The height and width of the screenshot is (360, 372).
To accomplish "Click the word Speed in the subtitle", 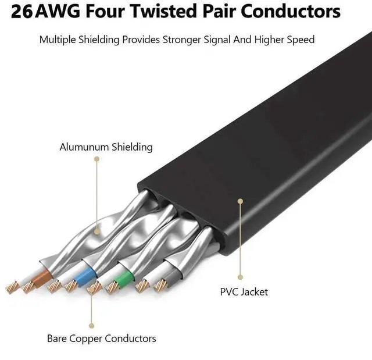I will pos(301,40).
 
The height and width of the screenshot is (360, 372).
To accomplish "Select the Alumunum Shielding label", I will pos(106,147).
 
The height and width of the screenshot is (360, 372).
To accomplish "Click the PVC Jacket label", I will pos(244,291).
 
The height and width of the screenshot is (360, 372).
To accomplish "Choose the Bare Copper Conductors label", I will pos(101,338).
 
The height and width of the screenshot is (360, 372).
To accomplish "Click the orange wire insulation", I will pos(41,278).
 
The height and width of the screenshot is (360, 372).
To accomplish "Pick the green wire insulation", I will pos(123,280).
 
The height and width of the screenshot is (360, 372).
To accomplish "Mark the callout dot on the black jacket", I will pos(239,201).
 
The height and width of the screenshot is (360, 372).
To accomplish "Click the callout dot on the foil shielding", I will pos(96,231).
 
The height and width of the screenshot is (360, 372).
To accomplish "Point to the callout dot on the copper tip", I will pos(91,284).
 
